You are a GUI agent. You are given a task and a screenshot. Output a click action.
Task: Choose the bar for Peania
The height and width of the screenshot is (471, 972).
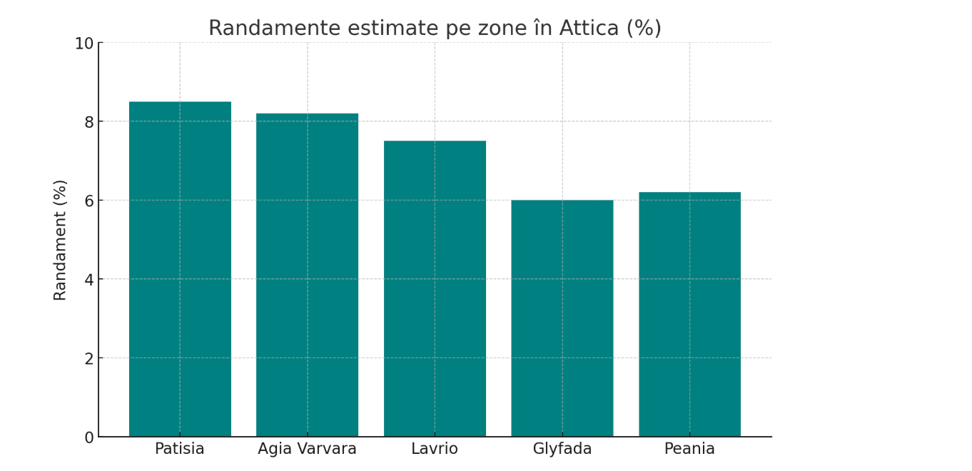point(689,314)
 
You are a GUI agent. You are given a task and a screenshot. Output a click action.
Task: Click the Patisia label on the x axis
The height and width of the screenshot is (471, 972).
point(180,449)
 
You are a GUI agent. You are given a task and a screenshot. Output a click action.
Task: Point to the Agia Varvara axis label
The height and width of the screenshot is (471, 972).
point(307,449)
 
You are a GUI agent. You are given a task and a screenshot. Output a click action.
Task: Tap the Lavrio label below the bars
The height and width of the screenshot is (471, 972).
point(435,449)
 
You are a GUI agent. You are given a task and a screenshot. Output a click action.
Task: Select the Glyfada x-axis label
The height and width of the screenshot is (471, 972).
point(562,450)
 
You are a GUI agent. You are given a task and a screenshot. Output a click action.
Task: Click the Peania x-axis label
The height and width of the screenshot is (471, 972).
point(689,449)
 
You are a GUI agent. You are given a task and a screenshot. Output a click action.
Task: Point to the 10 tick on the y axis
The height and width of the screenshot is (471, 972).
point(84,44)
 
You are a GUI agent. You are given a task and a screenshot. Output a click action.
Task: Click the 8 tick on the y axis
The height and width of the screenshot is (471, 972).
point(89,122)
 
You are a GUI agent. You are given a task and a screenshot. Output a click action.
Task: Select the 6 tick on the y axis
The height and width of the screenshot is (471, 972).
point(89,201)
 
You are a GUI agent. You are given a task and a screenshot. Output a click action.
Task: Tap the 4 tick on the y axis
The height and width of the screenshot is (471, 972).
point(89,280)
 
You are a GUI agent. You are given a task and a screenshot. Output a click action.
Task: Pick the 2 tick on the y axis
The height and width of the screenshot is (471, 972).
point(89,359)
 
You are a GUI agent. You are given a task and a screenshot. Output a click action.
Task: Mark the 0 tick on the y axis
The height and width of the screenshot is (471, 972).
point(89,437)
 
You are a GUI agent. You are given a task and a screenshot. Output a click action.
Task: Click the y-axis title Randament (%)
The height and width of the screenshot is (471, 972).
point(61,240)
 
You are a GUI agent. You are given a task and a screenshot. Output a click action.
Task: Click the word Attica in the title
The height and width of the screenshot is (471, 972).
point(589,29)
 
